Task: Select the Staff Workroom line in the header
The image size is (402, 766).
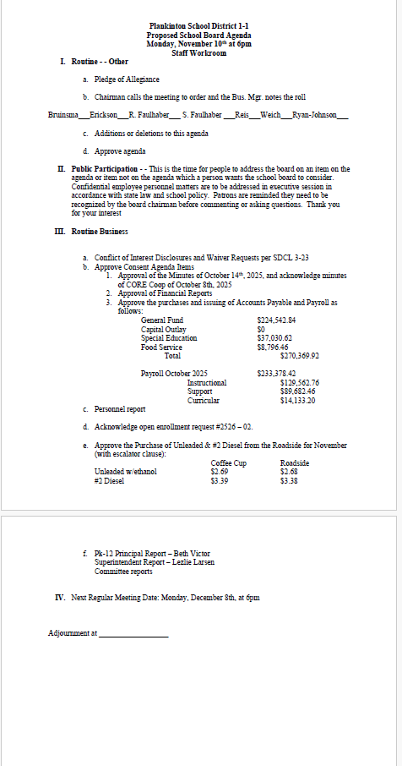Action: point(199,52)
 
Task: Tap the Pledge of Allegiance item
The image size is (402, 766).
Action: point(126,79)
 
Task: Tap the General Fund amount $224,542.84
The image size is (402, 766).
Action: point(275,320)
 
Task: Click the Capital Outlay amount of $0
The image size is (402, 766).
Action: point(260,330)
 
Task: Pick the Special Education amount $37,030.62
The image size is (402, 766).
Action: point(274,338)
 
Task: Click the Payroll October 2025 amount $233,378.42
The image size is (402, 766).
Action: point(275,373)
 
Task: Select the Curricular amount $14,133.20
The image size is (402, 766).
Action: point(298,400)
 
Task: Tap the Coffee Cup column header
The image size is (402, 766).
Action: point(228,463)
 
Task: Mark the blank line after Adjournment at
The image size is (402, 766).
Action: point(133,632)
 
